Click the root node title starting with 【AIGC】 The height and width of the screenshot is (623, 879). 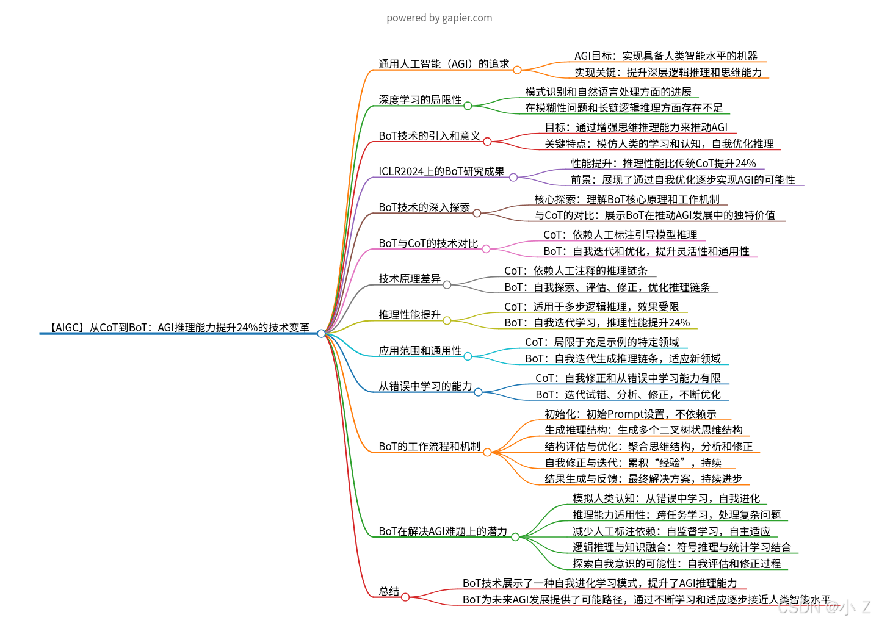click(179, 328)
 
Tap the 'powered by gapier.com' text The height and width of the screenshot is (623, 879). click(439, 18)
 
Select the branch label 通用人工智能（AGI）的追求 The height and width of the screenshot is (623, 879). click(444, 64)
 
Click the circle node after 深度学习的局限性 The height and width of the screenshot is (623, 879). click(468, 106)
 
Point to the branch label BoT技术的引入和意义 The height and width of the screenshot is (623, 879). click(429, 136)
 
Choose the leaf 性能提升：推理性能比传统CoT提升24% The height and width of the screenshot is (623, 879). click(664, 164)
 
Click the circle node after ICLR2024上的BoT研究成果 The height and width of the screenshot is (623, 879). click(513, 178)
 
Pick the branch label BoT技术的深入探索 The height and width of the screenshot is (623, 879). click(424, 207)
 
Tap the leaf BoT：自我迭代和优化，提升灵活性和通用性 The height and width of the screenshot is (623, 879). click(646, 251)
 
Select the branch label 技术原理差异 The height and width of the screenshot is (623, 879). click(410, 279)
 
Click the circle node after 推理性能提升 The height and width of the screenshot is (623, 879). click(447, 320)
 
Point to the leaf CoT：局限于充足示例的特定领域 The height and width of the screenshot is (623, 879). click(602, 342)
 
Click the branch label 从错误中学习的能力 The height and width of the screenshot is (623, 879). click(425, 386)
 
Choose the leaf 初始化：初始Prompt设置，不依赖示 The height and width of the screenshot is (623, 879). click(631, 414)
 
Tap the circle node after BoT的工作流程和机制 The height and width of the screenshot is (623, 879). click(487, 452)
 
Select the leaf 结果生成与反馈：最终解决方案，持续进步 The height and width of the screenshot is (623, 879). click(643, 479)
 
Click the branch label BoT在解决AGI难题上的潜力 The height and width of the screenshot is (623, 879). click(443, 531)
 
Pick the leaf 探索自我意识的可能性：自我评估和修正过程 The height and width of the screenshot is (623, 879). click(677, 564)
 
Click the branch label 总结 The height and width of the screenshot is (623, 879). click(389, 591)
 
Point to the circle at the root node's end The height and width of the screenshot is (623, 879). click(321, 334)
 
